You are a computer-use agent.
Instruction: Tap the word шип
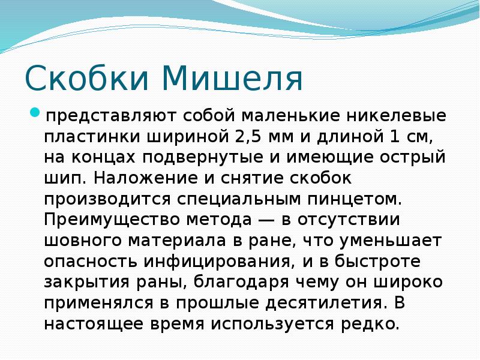(x=65, y=179)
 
